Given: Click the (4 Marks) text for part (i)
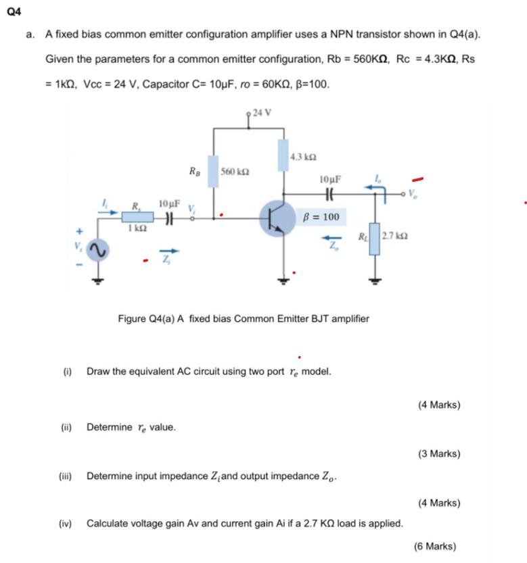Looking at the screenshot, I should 439,406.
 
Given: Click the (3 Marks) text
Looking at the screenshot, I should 439,454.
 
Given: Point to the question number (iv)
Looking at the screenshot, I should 66,523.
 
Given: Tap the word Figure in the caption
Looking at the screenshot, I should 133,318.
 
